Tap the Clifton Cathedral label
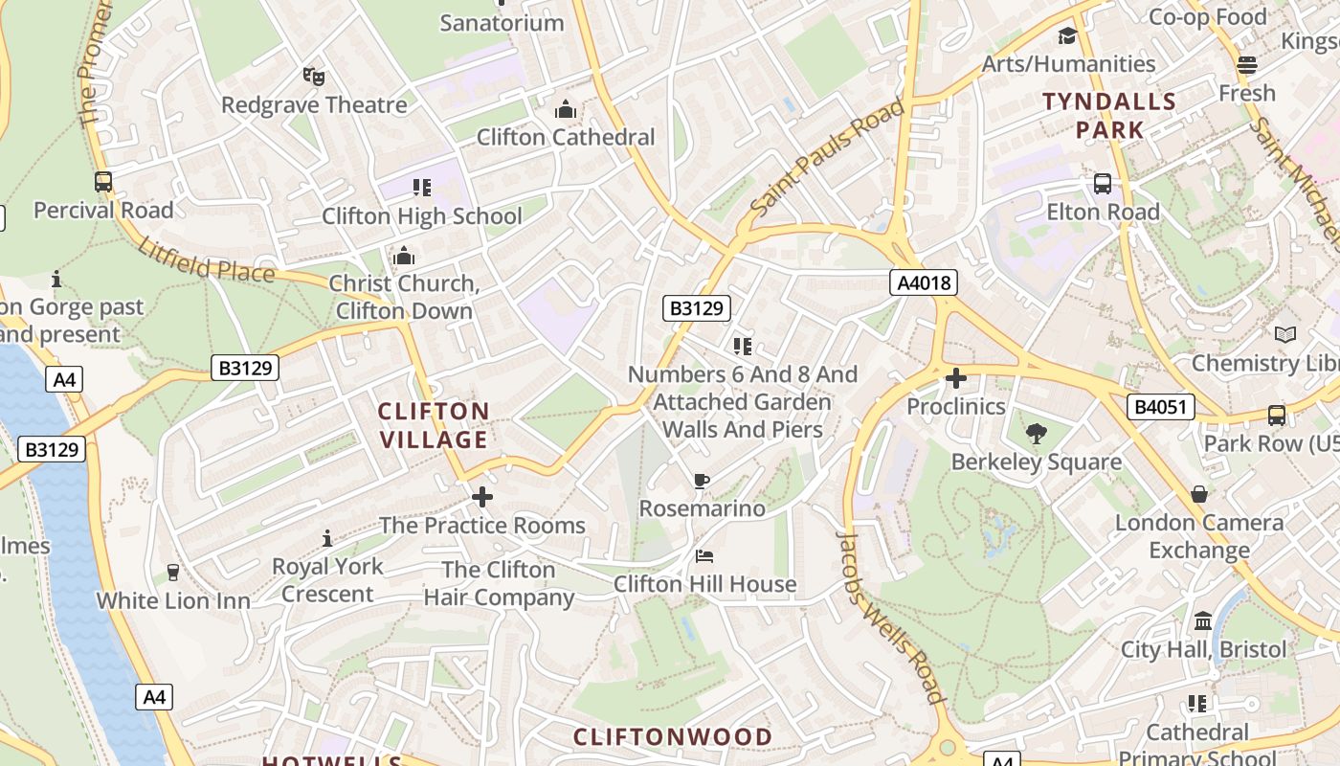pyautogui.click(x=566, y=137)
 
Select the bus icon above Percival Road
pyautogui.click(x=103, y=182)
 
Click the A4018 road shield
pyautogui.click(x=923, y=282)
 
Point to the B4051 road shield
pyautogui.click(x=1160, y=407)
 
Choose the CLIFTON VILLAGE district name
pyautogui.click(x=434, y=425)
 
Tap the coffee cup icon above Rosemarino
pyautogui.click(x=702, y=481)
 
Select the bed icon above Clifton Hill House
pyautogui.click(x=704, y=556)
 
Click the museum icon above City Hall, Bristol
pyautogui.click(x=1203, y=621)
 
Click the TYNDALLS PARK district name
pyautogui.click(x=1109, y=115)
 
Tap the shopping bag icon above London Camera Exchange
pyautogui.click(x=1199, y=494)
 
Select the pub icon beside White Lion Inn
pyautogui.click(x=173, y=573)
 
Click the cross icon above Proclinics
pyautogui.click(x=955, y=378)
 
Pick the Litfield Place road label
pyautogui.click(x=206, y=259)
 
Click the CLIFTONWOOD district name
pyautogui.click(x=672, y=736)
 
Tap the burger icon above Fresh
pyautogui.click(x=1246, y=64)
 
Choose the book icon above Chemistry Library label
pyautogui.click(x=1285, y=334)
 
